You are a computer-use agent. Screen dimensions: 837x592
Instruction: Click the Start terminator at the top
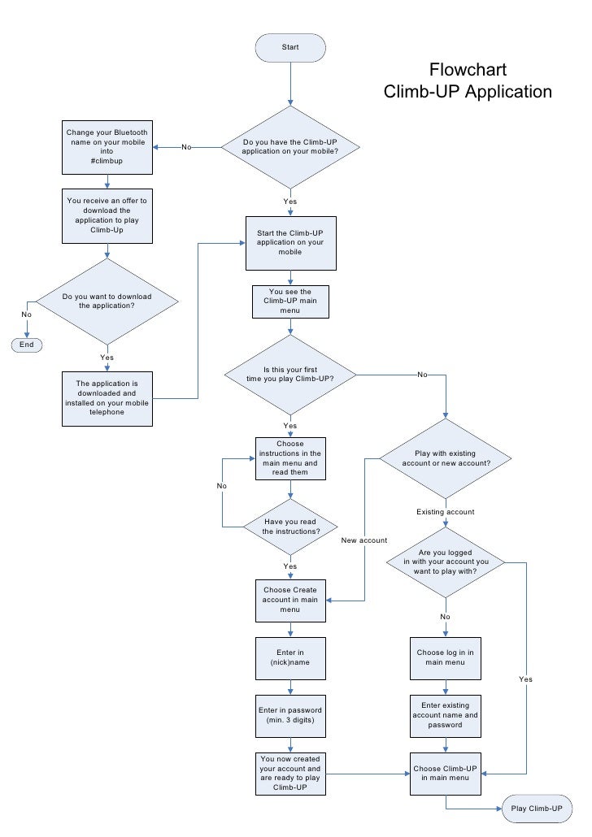tap(290, 47)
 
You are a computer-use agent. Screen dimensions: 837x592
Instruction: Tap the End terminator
tap(27, 345)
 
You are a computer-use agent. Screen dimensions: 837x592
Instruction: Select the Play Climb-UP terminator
tap(537, 809)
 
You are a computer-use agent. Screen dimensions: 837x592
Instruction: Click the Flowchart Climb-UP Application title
tap(468, 80)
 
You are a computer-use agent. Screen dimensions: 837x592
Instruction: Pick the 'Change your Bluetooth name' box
tap(107, 147)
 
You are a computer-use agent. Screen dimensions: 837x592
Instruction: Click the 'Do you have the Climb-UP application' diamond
tap(290, 147)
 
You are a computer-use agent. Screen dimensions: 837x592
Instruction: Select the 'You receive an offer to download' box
tap(107, 215)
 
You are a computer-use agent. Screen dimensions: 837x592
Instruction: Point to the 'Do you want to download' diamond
tap(107, 301)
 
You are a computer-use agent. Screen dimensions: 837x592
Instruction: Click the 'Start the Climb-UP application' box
tap(290, 242)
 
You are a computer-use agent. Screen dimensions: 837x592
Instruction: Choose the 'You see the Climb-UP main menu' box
tap(290, 301)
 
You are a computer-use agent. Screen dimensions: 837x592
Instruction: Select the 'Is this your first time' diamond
tap(290, 375)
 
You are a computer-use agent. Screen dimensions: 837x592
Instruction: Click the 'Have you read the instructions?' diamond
tap(290, 526)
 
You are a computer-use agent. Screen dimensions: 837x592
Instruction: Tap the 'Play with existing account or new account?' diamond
tap(445, 458)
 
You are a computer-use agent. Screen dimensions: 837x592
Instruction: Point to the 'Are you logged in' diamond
tap(445, 561)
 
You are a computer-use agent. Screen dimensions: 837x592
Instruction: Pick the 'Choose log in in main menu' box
tap(445, 657)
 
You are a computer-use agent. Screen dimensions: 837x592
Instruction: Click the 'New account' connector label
tap(363, 540)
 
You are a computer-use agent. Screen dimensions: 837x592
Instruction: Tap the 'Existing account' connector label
tap(445, 512)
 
